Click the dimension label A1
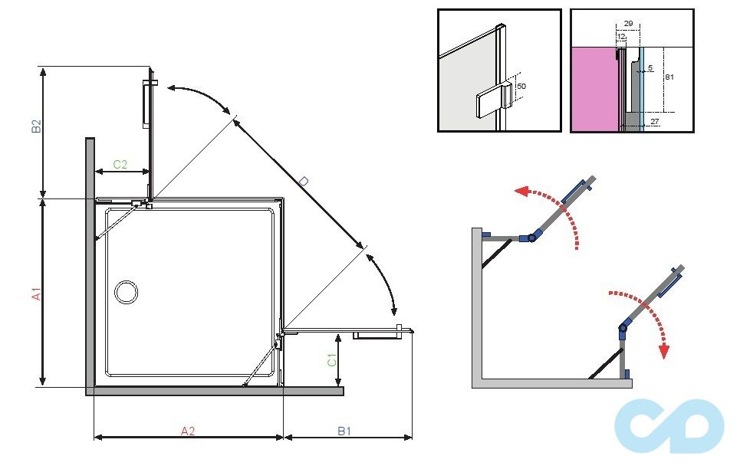click(35, 294)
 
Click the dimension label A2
click(188, 431)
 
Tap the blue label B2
click(35, 126)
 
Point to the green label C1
click(331, 359)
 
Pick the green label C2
click(120, 164)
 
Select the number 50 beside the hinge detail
click(521, 87)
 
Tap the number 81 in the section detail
click(669, 77)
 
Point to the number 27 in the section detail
click(653, 121)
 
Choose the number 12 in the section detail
click(621, 37)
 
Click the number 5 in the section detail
click(650, 68)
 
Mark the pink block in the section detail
click(594, 88)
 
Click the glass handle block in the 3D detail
click(488, 103)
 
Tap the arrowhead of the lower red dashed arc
click(664, 352)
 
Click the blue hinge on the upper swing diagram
click(530, 238)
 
